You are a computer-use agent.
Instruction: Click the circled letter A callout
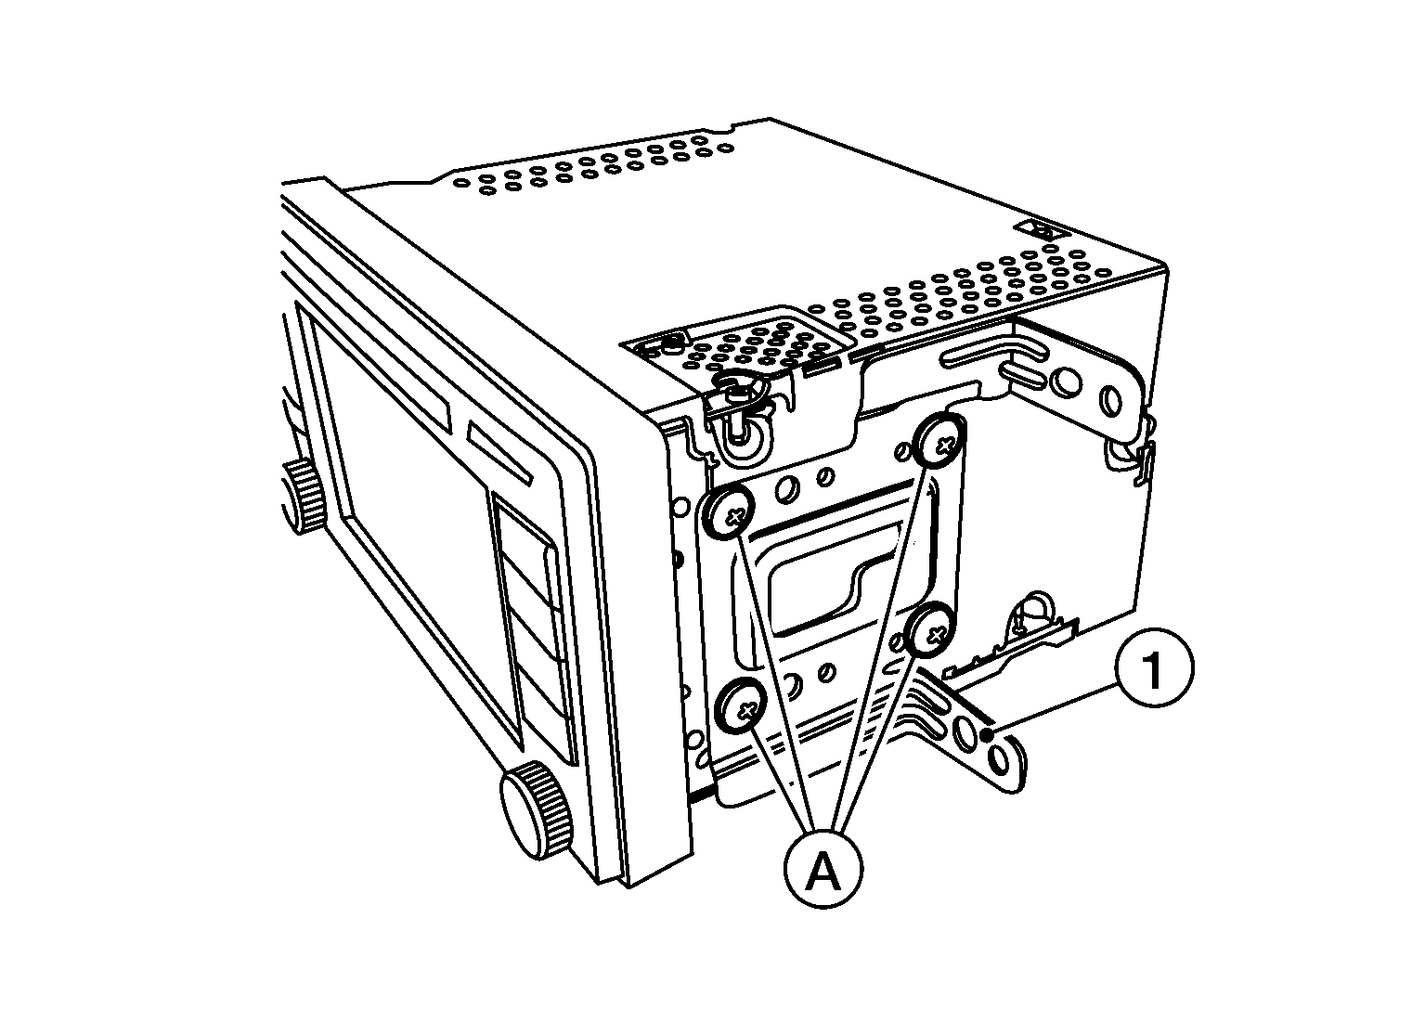click(x=823, y=869)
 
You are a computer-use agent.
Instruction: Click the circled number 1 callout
click(x=1154, y=667)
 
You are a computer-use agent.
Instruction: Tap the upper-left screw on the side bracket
click(x=730, y=514)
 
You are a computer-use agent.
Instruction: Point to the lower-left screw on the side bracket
click(x=743, y=705)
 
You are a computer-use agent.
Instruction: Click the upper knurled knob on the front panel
click(x=304, y=497)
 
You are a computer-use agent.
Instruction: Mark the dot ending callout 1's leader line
click(x=988, y=736)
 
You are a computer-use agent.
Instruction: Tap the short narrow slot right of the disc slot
click(x=500, y=452)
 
